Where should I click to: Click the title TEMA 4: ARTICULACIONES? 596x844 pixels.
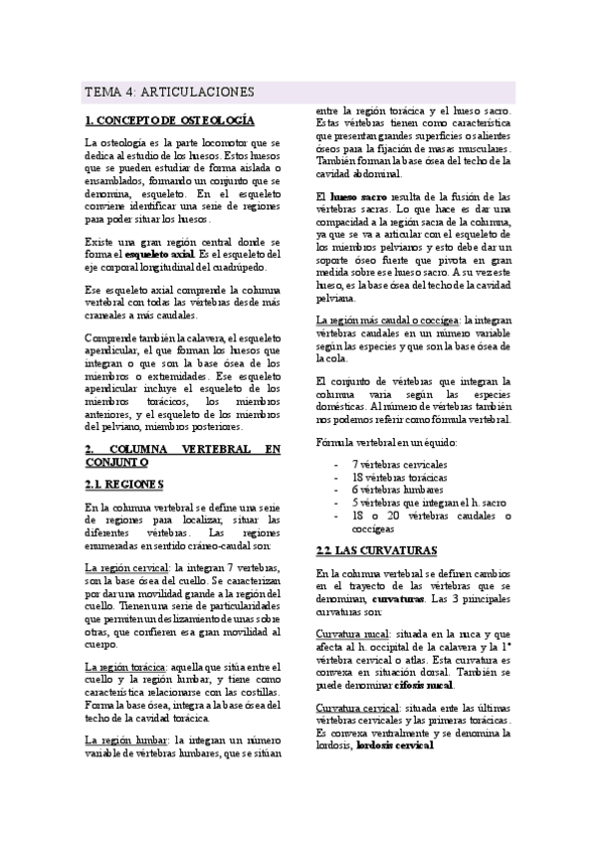click(169, 92)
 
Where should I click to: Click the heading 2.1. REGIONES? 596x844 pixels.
click(124, 485)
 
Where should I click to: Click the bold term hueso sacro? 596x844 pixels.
click(357, 198)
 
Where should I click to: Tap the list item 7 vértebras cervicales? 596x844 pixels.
click(399, 464)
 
